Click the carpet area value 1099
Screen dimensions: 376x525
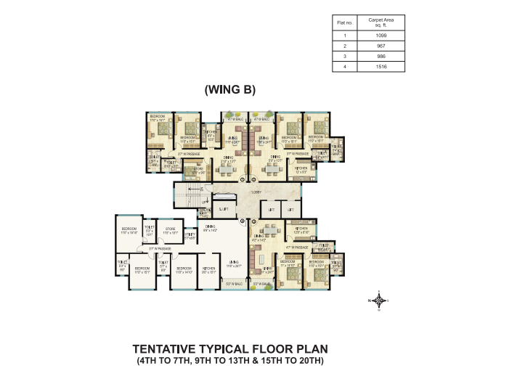[x=381, y=36]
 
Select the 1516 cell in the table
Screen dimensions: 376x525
[x=381, y=66]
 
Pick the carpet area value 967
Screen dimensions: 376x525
[x=381, y=46]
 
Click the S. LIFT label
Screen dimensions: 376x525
[x=223, y=210]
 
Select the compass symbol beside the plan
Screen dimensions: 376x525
[x=379, y=299]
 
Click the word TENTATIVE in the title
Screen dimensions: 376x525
[x=173, y=349]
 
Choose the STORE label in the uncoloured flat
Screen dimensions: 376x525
[x=169, y=230]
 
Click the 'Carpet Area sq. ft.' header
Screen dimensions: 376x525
[x=381, y=23]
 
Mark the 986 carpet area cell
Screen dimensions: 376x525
[x=381, y=56]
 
